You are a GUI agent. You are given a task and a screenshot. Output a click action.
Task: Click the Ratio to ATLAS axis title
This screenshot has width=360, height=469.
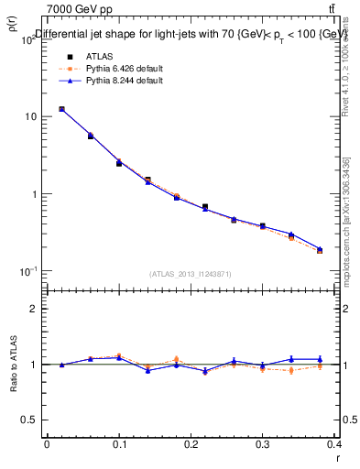point(15,365)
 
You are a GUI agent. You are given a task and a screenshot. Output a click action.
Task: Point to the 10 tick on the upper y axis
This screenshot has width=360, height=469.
point(30,117)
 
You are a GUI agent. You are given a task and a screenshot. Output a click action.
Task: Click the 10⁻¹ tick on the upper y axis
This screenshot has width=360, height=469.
point(27,272)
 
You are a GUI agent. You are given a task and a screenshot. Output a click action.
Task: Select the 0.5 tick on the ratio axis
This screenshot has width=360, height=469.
point(29,420)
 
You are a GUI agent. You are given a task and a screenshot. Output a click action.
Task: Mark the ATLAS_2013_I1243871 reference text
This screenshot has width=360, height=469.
point(191,275)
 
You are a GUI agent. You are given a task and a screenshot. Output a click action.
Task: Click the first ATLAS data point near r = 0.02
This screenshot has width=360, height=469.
point(61,109)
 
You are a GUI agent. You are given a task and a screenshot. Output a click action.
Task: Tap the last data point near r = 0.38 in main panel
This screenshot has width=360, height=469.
point(320,250)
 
